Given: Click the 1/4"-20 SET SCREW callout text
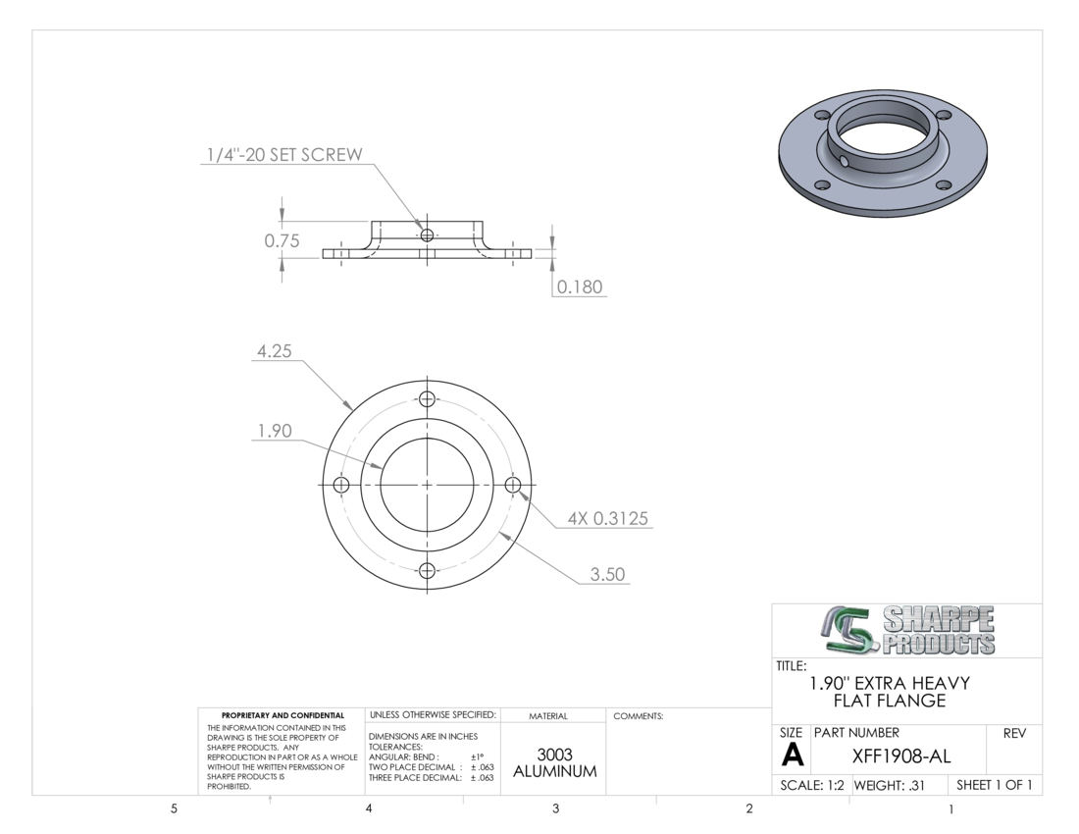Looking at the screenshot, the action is (x=284, y=155).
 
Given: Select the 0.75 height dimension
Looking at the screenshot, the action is (x=283, y=240).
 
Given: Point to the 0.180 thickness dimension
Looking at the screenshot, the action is (x=580, y=287).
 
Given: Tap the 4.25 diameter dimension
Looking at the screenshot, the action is (x=275, y=351).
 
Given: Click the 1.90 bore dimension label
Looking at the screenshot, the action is (x=275, y=431).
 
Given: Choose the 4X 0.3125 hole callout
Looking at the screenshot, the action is (x=607, y=518).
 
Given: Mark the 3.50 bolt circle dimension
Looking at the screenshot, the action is (x=607, y=575).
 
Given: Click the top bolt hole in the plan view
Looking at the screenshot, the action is (x=428, y=399).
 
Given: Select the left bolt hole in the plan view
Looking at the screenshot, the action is (x=341, y=485).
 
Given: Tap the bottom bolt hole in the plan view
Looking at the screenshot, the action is (x=428, y=570).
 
